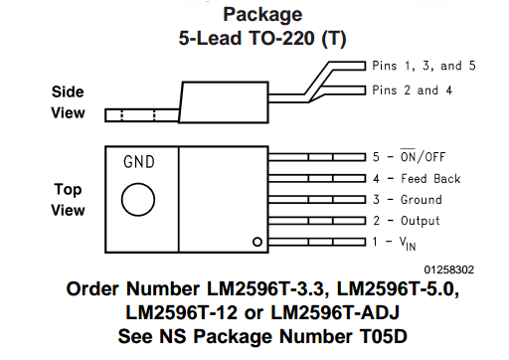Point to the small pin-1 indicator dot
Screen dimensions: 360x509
coord(256,241)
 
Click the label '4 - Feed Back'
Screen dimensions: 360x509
coord(417,179)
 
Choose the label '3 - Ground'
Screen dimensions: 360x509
coord(407,200)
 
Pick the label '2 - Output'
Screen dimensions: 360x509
coord(406,221)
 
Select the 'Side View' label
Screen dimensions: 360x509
coord(68,101)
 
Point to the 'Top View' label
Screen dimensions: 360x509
coord(68,198)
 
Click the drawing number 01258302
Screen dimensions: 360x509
coord(448,269)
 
